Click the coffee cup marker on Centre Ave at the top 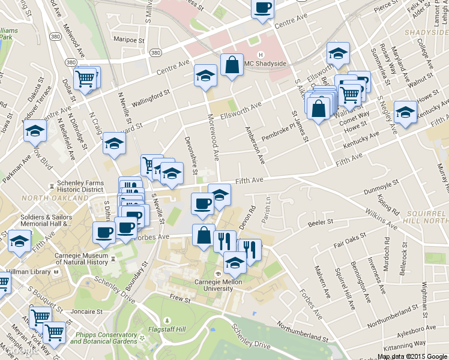coord(262,8)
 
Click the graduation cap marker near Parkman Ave coord(35,131)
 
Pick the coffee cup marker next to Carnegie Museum coord(104,232)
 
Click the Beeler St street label coord(320,222)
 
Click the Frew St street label coord(179,297)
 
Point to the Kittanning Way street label coord(406,343)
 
